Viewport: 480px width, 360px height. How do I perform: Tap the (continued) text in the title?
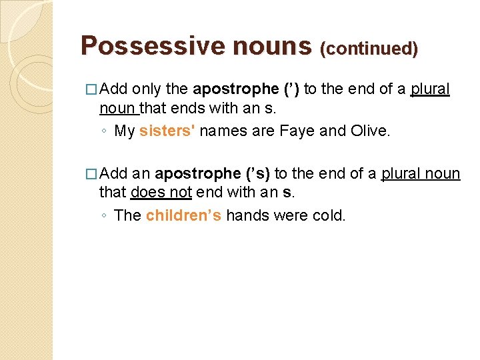(369, 49)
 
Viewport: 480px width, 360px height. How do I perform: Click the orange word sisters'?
(167, 131)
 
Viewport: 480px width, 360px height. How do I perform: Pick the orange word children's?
(183, 215)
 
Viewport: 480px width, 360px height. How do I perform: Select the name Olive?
(369, 131)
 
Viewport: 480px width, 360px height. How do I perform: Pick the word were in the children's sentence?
(290, 215)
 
